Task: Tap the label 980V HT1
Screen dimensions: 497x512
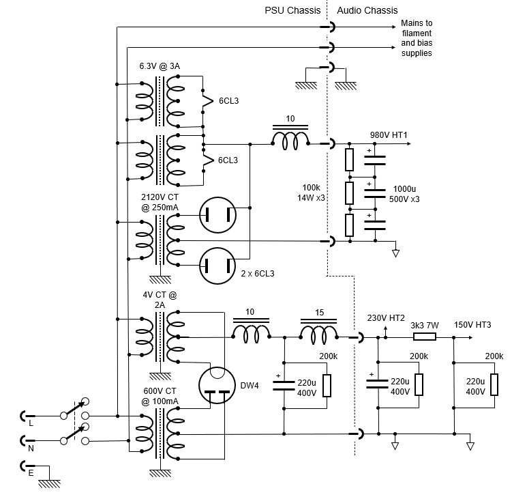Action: click(389, 134)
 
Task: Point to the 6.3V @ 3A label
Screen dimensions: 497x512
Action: click(160, 66)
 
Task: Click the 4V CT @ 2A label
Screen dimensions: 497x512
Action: click(160, 300)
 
